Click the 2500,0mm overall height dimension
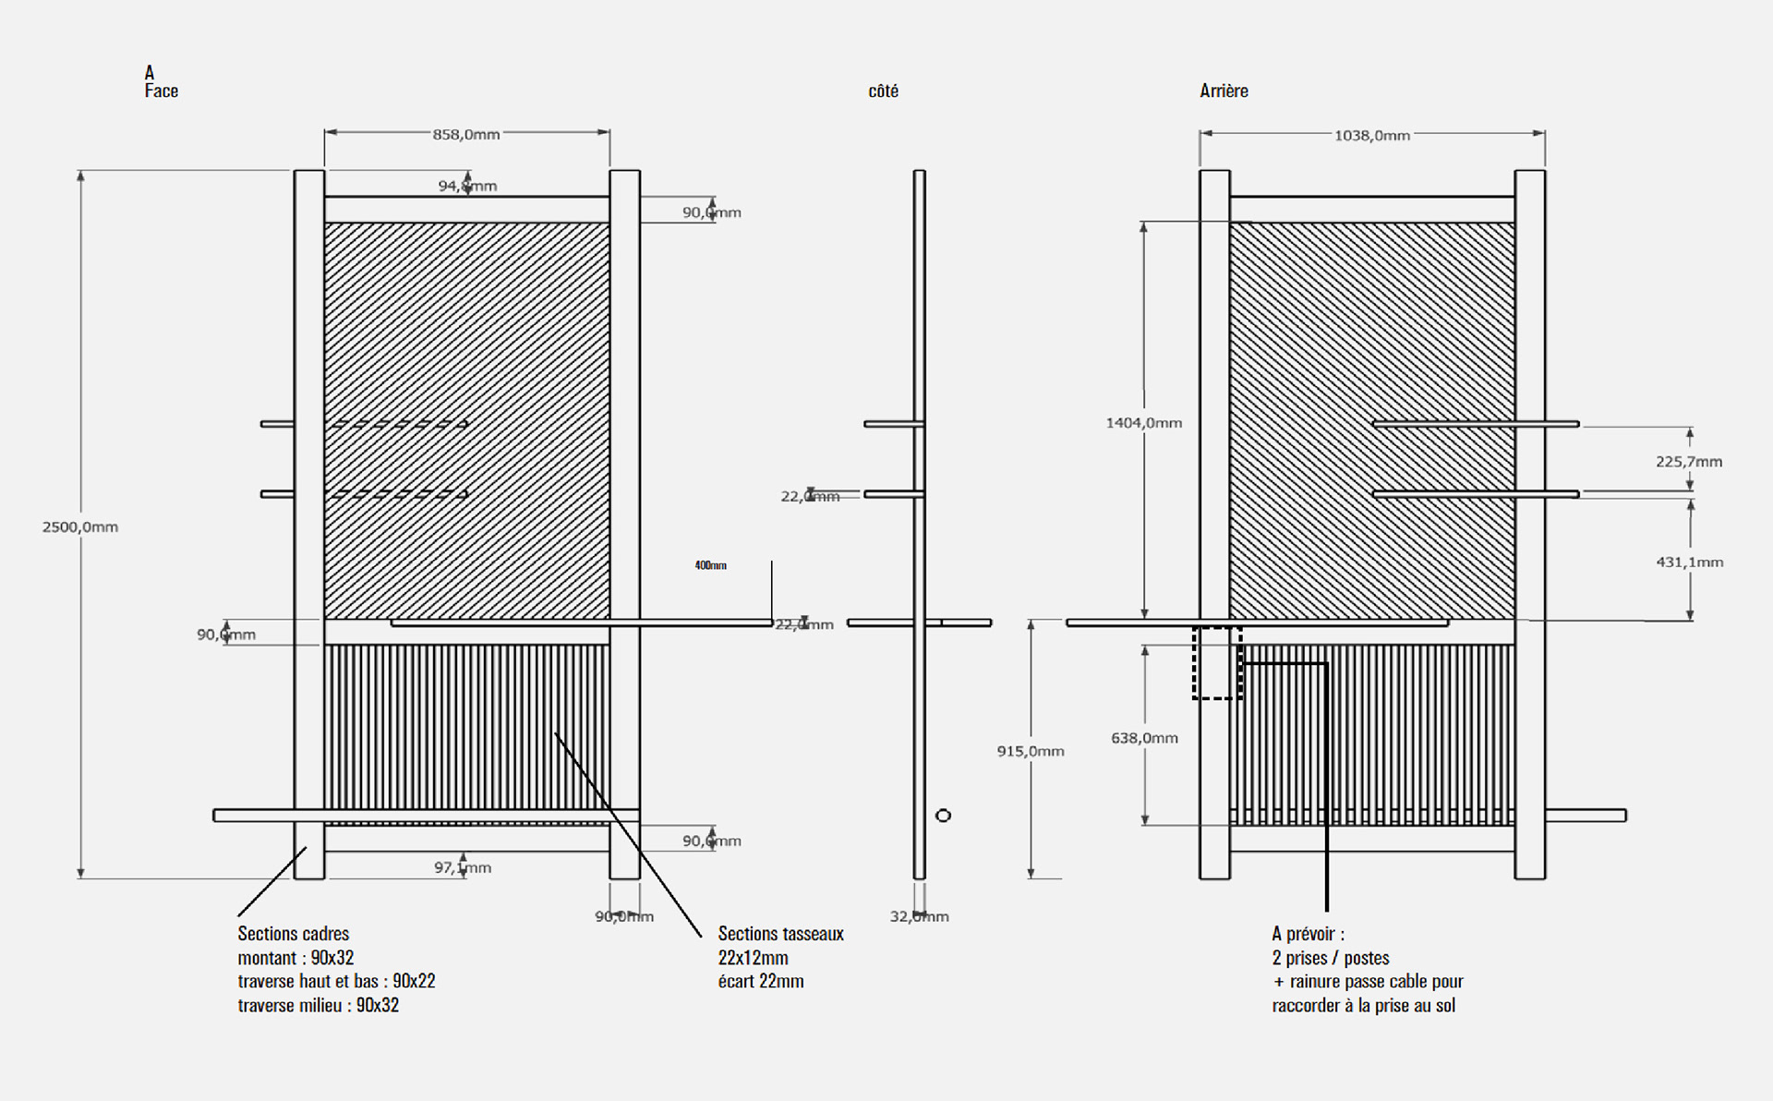80,527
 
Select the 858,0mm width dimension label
466,135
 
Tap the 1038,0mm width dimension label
1372,136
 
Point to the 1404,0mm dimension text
1144,423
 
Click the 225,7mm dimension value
1689,462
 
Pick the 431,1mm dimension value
1690,563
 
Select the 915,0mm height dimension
1031,752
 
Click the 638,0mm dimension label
1144,738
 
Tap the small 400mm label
711,565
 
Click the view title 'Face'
162,91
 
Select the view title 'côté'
884,91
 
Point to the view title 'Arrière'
1224,91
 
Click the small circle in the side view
943,816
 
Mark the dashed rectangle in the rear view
1217,663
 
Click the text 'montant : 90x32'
295,958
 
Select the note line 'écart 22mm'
761,981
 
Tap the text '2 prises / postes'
1331,958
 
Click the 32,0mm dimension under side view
920,916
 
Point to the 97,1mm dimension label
463,868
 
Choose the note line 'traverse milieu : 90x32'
319,1005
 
